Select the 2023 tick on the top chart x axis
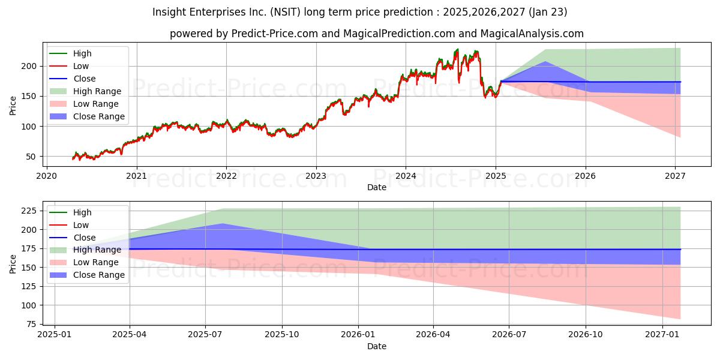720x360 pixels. (x=316, y=176)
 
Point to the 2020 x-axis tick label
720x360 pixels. (x=47, y=176)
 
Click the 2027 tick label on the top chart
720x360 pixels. (x=676, y=176)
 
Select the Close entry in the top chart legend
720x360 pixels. (x=84, y=79)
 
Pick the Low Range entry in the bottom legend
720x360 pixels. (x=96, y=262)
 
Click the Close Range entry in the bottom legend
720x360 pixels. (x=99, y=275)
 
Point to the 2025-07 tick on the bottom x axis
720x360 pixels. (x=205, y=335)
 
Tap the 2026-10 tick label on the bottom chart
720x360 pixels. (x=585, y=335)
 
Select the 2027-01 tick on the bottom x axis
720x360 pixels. (x=662, y=335)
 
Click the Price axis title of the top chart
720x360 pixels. (x=13, y=106)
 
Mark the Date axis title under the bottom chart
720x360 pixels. (x=376, y=346)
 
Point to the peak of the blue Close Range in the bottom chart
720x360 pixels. (x=223, y=224)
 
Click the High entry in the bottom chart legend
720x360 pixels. (x=82, y=212)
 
